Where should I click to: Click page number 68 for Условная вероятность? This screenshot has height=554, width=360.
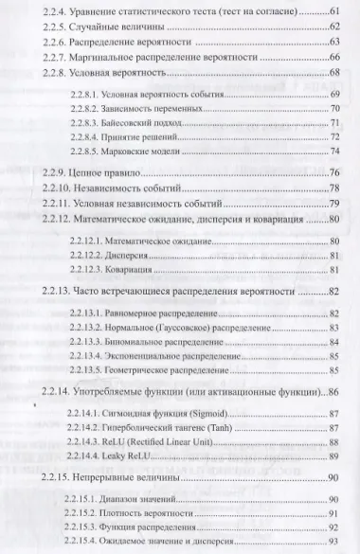click(x=334, y=73)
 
